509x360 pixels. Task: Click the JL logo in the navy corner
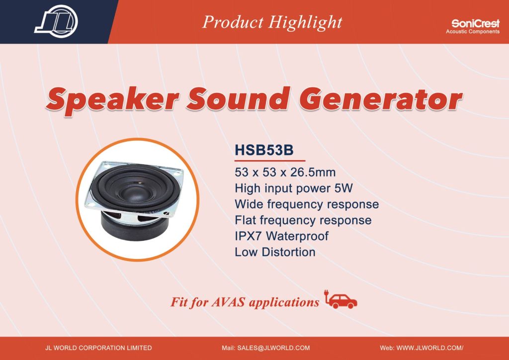tap(56, 21)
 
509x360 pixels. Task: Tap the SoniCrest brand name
tap(475, 23)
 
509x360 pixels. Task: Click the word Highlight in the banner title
tap(305, 23)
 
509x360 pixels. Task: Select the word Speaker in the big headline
tap(112, 99)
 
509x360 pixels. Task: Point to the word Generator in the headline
tap(380, 98)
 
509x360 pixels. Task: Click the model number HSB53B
tap(264, 150)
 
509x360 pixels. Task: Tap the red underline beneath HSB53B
tap(270, 161)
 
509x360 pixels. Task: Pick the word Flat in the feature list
tap(245, 220)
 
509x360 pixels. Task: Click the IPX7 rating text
tap(248, 236)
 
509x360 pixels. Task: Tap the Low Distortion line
tap(275, 252)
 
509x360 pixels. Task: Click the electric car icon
tap(340, 299)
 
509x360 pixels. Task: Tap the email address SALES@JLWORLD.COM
tap(273, 348)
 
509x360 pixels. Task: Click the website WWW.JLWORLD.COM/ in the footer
tap(430, 348)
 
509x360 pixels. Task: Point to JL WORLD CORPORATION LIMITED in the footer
tap(98, 348)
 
